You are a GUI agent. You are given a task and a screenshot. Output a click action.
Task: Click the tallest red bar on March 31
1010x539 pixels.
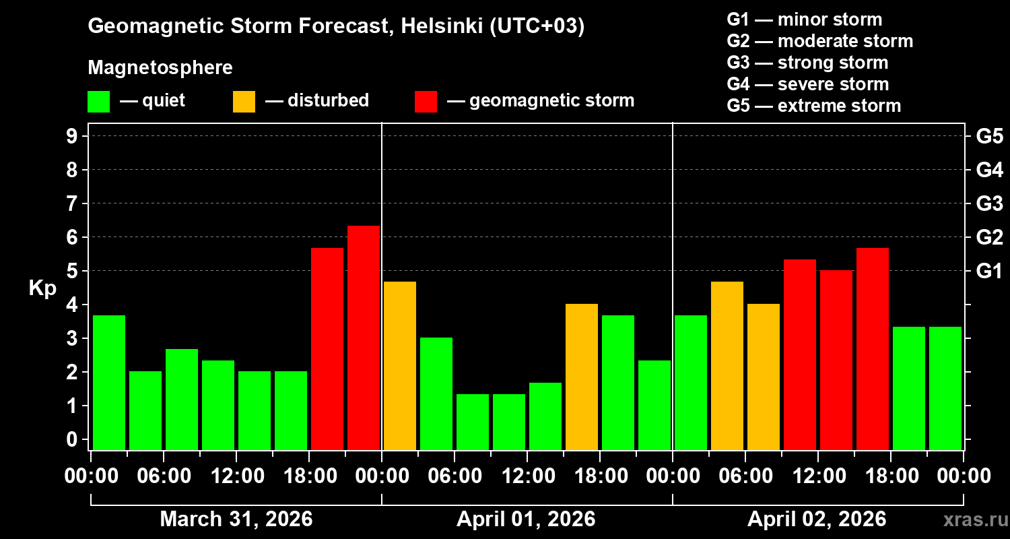(364, 337)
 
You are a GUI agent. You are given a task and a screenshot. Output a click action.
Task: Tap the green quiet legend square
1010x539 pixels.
(98, 102)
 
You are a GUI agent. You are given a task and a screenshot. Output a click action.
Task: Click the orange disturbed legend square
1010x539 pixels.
(244, 102)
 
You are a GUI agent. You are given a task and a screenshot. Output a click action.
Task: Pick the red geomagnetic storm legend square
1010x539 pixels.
(426, 102)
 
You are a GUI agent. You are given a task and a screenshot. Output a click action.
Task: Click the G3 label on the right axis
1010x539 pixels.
(989, 203)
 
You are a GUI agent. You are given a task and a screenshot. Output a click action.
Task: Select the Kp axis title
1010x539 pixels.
(42, 288)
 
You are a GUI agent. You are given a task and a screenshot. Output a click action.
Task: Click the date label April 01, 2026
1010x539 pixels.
(526, 519)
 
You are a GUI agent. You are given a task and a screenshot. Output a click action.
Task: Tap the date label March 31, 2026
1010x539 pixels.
(236, 519)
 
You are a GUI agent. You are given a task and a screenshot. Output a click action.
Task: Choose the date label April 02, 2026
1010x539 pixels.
(817, 519)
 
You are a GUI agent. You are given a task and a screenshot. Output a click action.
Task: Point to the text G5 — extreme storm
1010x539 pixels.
(813, 106)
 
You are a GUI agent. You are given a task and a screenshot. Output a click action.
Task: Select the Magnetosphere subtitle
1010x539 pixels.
(160, 68)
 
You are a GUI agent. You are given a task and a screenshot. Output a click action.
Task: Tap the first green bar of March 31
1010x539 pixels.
(109, 382)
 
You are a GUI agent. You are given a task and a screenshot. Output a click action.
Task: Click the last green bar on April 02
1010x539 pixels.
(945, 387)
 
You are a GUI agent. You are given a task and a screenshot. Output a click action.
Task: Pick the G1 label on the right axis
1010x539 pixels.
(989, 272)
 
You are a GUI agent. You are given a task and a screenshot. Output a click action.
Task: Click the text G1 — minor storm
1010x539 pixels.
(804, 20)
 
